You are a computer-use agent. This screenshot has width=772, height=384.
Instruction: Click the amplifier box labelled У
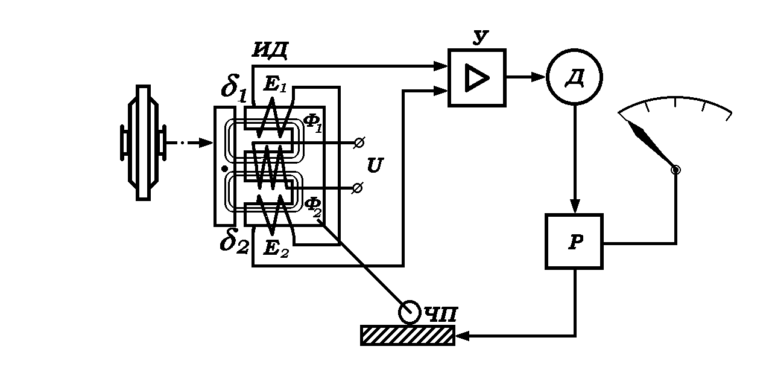click(476, 78)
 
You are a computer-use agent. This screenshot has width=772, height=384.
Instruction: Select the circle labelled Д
click(574, 77)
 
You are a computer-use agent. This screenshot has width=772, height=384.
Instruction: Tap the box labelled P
click(574, 241)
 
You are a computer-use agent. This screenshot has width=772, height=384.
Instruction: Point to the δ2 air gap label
click(233, 243)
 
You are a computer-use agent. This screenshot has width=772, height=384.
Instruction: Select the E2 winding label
click(276, 248)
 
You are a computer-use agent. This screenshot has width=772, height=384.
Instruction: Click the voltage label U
click(374, 166)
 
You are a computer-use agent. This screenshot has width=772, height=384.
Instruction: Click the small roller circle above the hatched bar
click(410, 312)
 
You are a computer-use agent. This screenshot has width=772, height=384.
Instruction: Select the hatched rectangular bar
click(408, 335)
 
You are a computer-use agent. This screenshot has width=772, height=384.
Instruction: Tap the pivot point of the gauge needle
click(675, 170)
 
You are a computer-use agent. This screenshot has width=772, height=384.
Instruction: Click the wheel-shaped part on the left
click(143, 142)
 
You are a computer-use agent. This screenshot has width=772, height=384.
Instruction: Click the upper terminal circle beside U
click(358, 143)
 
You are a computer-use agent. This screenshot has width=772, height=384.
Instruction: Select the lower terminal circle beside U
click(357, 188)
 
